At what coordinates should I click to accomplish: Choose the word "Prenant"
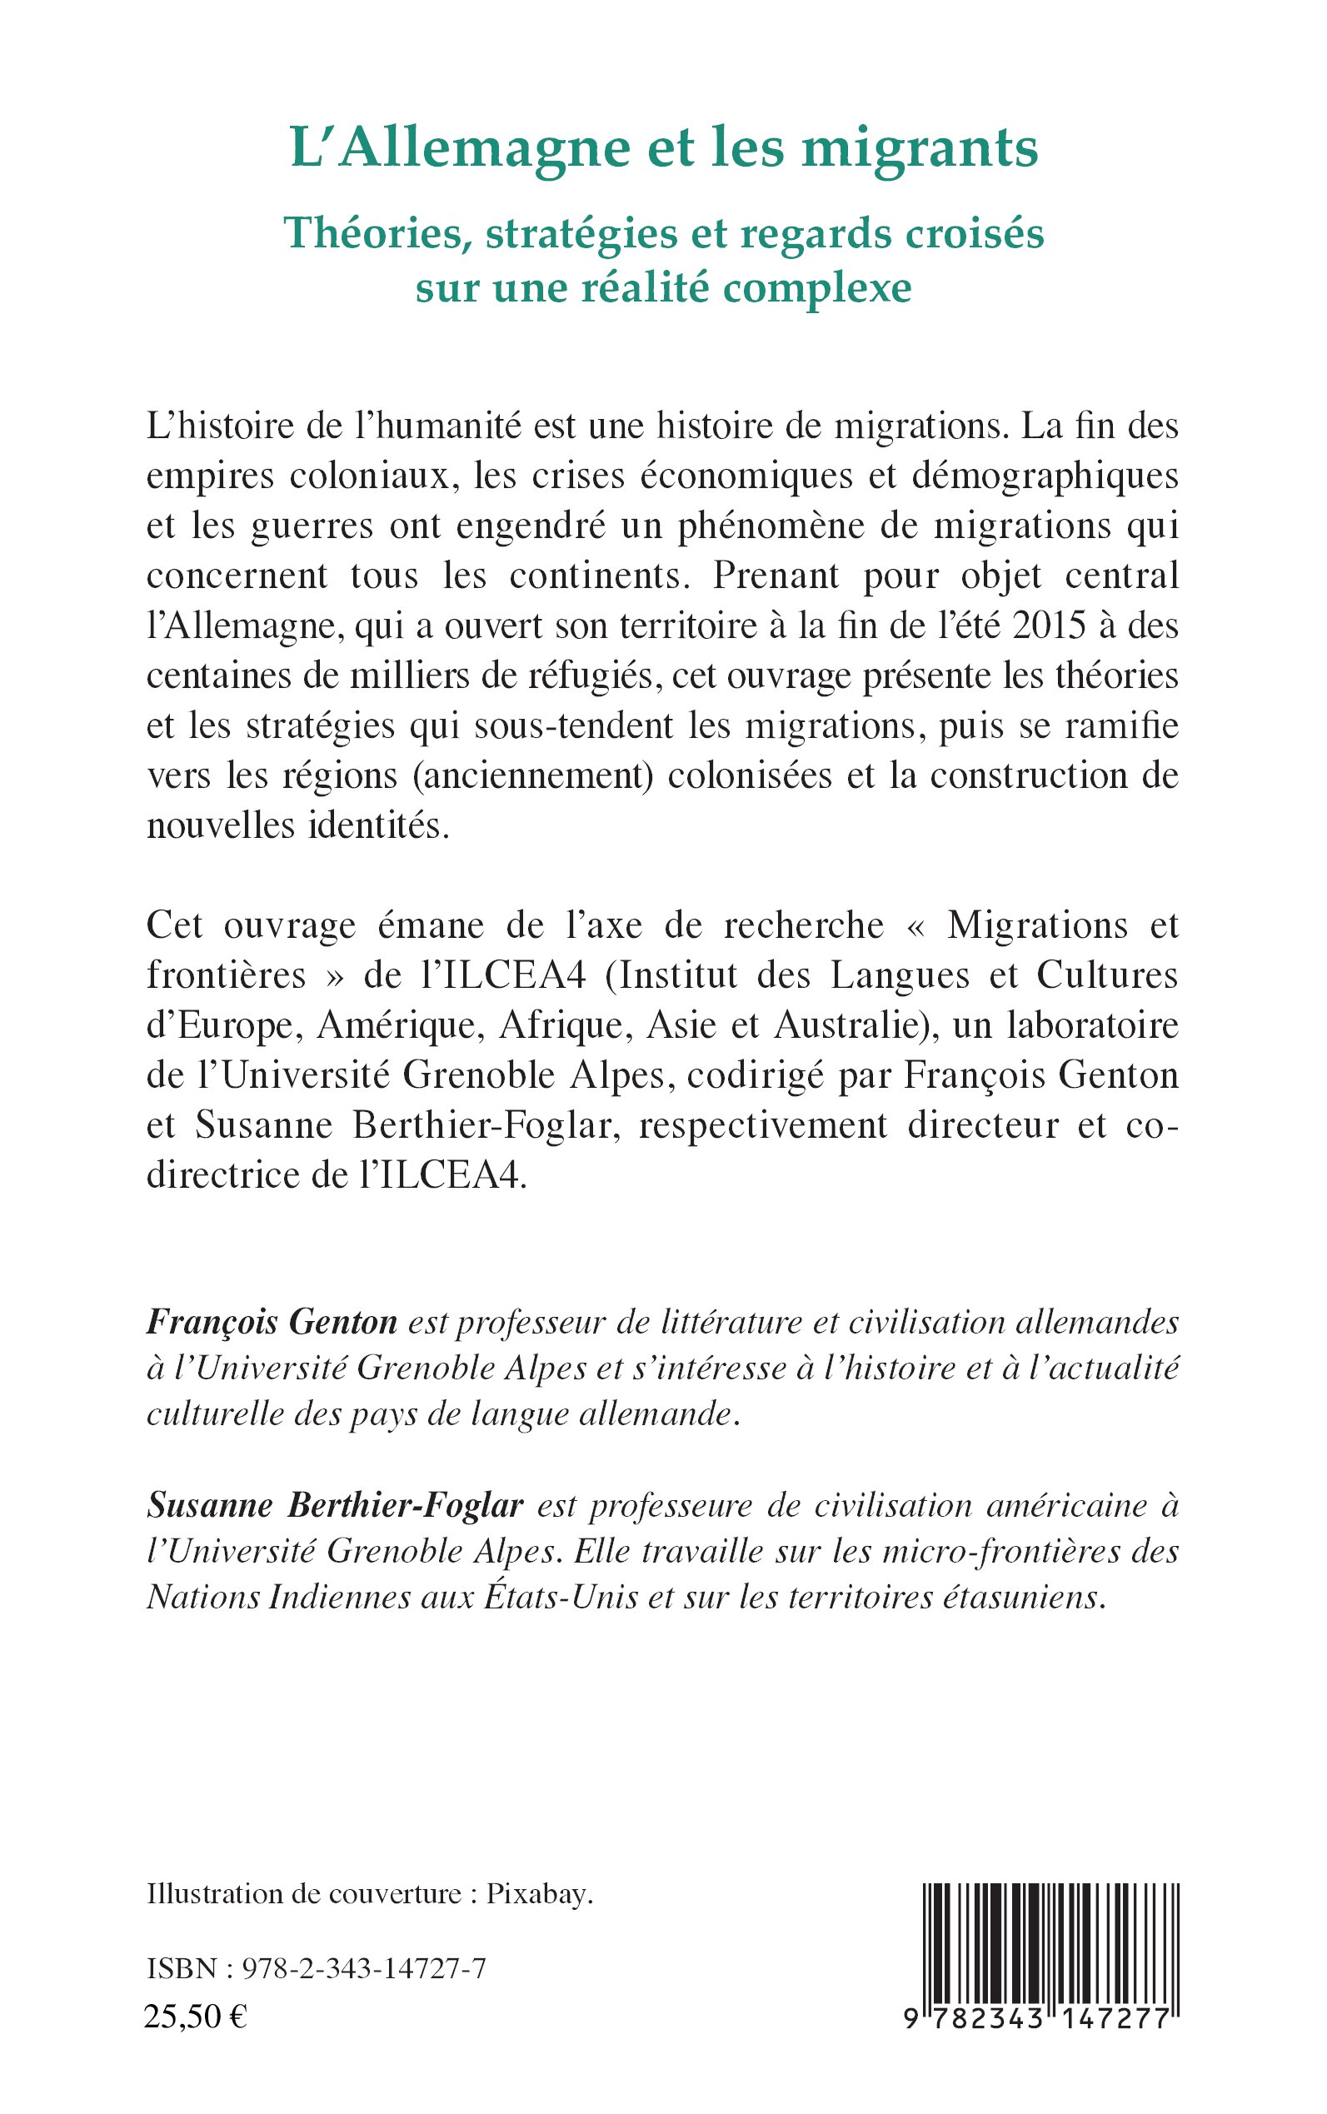pos(776,576)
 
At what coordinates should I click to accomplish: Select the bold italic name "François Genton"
pos(272,1323)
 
